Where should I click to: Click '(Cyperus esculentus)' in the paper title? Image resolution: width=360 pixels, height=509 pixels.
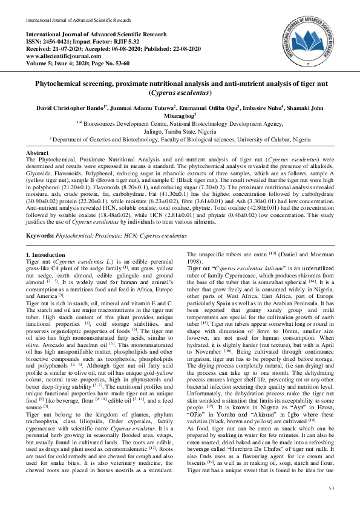coord(180,94)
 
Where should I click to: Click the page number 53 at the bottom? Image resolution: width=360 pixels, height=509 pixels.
coord(332,488)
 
